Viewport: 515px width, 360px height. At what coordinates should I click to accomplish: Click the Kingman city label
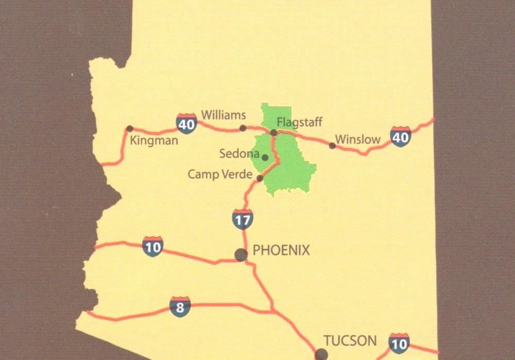click(x=154, y=140)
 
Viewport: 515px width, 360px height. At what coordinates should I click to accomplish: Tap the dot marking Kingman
click(x=129, y=129)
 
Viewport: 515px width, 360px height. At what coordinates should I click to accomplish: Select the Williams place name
click(x=223, y=114)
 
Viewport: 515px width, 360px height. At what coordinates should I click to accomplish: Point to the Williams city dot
click(x=243, y=128)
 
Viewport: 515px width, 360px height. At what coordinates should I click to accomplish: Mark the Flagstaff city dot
click(x=274, y=132)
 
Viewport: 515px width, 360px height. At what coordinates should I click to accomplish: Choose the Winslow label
click(x=358, y=139)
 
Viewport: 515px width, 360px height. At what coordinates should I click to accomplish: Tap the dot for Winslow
click(x=332, y=146)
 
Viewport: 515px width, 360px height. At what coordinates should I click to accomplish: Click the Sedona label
click(x=239, y=153)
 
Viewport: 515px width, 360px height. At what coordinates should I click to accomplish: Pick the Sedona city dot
click(x=265, y=158)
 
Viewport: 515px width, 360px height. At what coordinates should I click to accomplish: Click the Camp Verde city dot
click(x=260, y=178)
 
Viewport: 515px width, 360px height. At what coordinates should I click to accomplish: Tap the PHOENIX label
click(x=282, y=251)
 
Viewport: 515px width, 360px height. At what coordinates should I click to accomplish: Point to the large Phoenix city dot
click(x=241, y=254)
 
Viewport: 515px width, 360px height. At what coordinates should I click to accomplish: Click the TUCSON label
click(x=350, y=340)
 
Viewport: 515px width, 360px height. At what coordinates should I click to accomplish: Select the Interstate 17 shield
click(x=242, y=219)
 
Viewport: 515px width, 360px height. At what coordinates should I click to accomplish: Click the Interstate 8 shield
click(x=180, y=307)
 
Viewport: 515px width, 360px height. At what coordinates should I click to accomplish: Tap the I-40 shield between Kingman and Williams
click(x=186, y=124)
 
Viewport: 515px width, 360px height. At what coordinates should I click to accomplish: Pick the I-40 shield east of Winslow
click(x=401, y=136)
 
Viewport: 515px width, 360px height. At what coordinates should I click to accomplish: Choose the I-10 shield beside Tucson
click(x=399, y=343)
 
